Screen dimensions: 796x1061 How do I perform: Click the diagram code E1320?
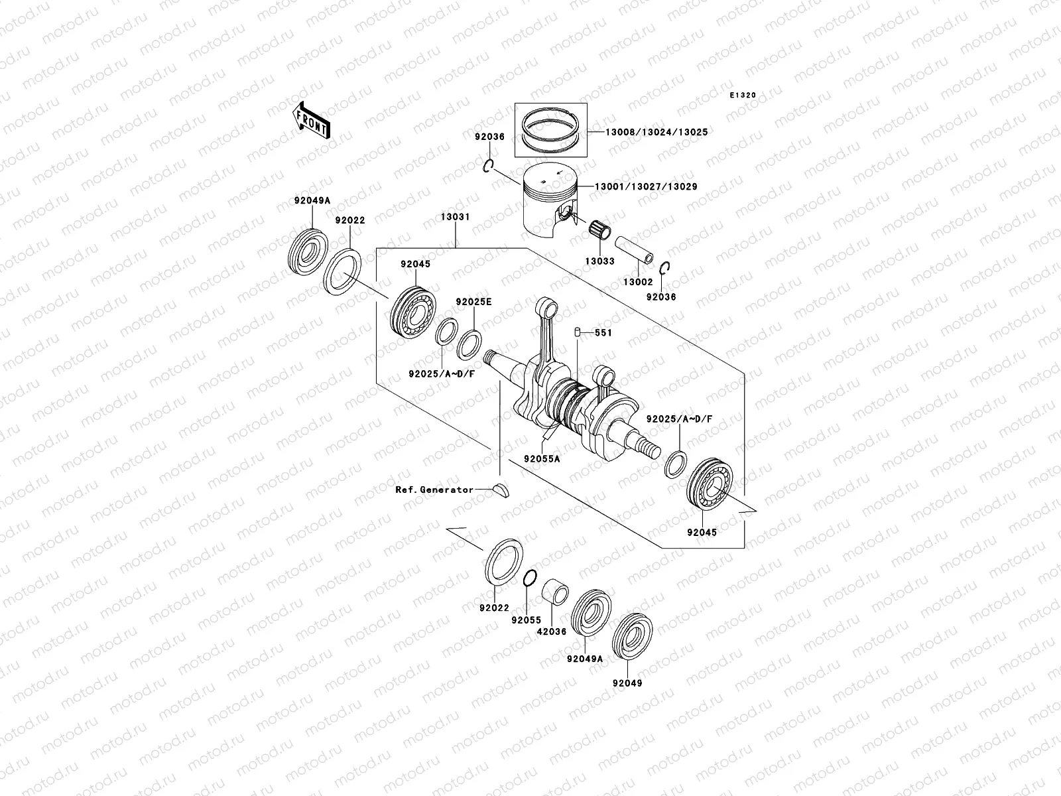pyautogui.click(x=743, y=96)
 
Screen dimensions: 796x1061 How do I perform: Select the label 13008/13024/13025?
pyautogui.click(x=656, y=132)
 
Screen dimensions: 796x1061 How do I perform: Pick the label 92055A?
pyautogui.click(x=541, y=458)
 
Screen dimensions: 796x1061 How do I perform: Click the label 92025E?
pyautogui.click(x=473, y=302)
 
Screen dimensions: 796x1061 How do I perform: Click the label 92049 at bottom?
pyautogui.click(x=627, y=683)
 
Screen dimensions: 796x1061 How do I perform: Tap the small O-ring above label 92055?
pyautogui.click(x=529, y=578)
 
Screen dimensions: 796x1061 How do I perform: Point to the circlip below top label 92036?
pyautogui.click(x=489, y=165)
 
